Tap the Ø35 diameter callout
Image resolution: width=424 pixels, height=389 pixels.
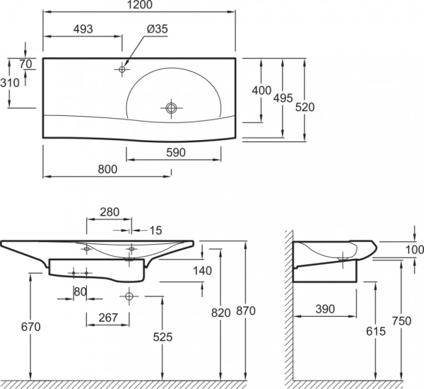point(157,29)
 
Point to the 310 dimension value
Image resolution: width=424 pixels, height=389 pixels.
point(10,82)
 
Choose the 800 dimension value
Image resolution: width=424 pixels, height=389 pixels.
point(107,170)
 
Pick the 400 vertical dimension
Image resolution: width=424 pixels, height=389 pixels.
point(262,91)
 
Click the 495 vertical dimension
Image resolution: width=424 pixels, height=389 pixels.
point(283,99)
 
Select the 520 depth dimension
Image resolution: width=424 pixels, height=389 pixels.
point(305,106)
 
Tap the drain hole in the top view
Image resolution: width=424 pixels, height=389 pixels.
point(170,108)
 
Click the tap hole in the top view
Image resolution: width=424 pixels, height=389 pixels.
point(122,69)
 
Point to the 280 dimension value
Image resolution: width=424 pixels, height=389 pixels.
point(110,211)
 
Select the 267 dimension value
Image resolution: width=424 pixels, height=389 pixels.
point(107,317)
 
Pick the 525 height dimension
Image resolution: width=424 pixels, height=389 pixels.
point(163,338)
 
